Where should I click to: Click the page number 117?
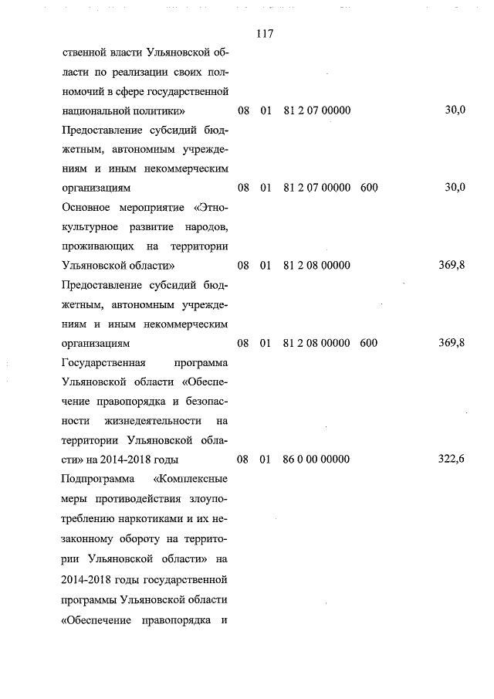point(263,35)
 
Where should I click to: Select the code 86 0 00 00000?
point(317,459)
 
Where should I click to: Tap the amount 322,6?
point(452,459)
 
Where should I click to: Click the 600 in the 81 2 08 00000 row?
point(369,343)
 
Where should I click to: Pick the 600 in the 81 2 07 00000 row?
point(369,188)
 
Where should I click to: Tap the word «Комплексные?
point(192,478)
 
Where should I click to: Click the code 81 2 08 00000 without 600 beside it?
point(317,266)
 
